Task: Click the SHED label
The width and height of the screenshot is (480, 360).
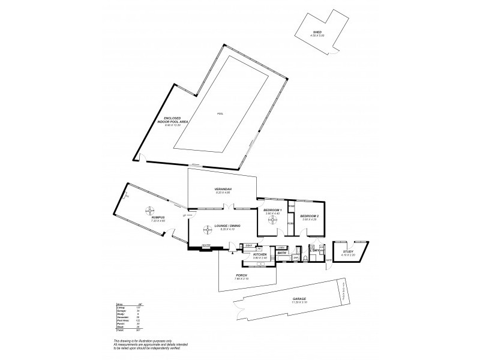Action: click(317, 32)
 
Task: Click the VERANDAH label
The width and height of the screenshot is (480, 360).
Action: click(223, 189)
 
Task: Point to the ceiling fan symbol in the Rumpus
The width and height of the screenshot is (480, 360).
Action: click(148, 210)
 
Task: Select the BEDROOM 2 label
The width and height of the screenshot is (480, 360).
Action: click(308, 215)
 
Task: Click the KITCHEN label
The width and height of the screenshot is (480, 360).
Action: click(260, 255)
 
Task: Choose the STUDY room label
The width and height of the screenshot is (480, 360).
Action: click(348, 252)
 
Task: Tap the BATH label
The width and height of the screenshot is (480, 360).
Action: click(281, 253)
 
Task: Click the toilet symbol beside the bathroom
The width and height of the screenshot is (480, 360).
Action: click(305, 258)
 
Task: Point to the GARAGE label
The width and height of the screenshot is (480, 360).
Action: click(299, 298)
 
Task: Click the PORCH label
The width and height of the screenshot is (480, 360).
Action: click(241, 275)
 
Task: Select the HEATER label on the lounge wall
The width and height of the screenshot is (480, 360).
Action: click(205, 245)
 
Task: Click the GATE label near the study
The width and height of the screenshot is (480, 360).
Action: click(329, 260)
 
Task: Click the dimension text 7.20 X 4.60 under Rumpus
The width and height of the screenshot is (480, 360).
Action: click(158, 221)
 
